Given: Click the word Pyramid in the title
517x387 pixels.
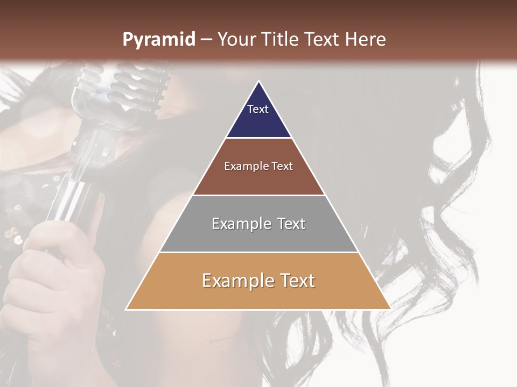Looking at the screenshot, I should click(x=159, y=40).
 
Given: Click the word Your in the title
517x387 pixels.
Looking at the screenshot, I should click(x=237, y=40).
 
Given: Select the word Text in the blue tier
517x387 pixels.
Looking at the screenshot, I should click(x=258, y=109).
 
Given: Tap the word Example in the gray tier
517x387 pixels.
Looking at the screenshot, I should click(x=239, y=224).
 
